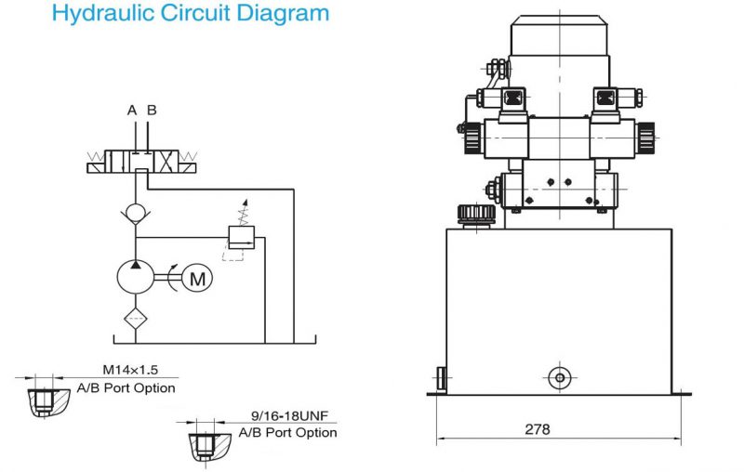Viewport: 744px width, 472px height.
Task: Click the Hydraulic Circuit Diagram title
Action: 191,14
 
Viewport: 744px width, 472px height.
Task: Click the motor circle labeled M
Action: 197,277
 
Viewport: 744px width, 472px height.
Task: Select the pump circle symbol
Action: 137,277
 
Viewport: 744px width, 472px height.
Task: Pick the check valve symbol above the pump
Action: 137,213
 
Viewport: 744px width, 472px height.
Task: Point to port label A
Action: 132,111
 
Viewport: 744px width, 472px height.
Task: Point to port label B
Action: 152,111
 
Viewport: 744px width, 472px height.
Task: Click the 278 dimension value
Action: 537,429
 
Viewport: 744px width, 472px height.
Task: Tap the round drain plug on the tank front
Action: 558,377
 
